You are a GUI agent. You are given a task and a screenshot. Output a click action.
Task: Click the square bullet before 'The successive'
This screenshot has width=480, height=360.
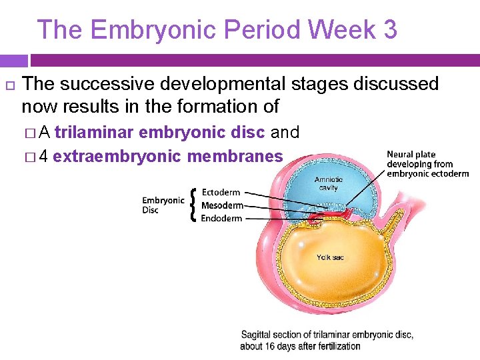coord(9,85)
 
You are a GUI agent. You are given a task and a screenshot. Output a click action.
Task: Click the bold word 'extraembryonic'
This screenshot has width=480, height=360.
coord(117,157)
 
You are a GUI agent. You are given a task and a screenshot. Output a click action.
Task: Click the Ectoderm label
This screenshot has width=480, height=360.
coord(221,193)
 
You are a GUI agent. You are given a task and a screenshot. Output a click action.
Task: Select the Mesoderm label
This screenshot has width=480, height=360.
coord(222,205)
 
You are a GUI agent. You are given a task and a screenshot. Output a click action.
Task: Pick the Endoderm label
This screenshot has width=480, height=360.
coord(221,218)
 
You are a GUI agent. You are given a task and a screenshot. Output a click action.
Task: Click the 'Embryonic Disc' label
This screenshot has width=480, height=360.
coord(163,205)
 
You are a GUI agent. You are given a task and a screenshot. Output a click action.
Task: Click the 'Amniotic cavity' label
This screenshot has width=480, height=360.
coord(328,183)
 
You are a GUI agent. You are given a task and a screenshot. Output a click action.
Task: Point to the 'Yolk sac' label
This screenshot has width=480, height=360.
coord(331,257)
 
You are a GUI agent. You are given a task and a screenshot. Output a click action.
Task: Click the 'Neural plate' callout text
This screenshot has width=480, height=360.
coord(427,164)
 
